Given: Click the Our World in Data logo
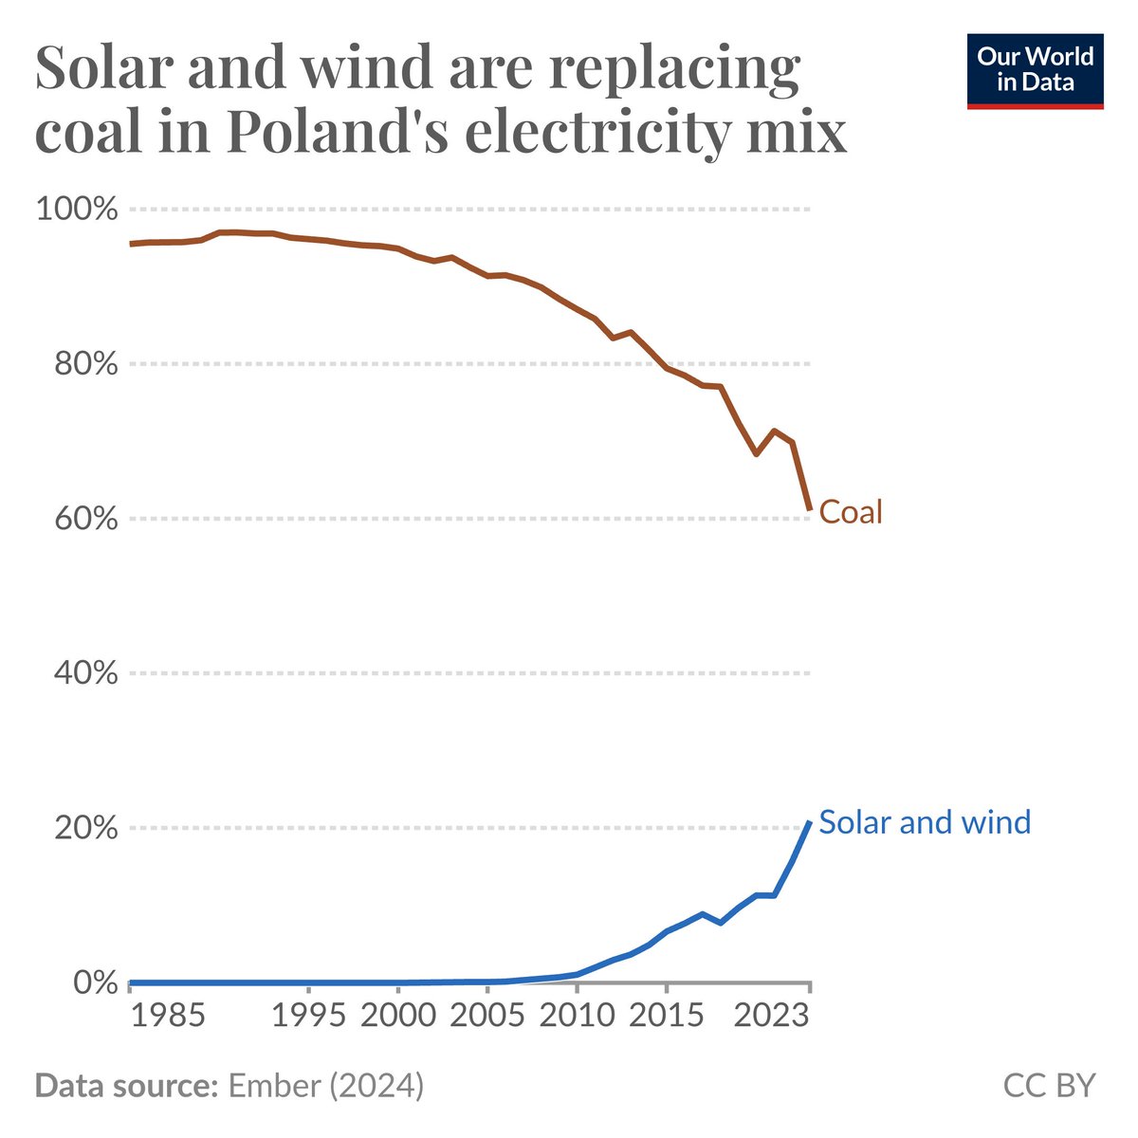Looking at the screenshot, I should (x=1035, y=71).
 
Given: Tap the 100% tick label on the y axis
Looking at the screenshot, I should (x=76, y=210).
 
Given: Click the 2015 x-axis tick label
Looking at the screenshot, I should (x=666, y=1017).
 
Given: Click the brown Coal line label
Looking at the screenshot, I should (x=851, y=512).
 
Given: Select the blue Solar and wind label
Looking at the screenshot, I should (x=925, y=821).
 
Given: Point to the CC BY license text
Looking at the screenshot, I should (x=1049, y=1086).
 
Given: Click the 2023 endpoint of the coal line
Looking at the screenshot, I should (x=809, y=509).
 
